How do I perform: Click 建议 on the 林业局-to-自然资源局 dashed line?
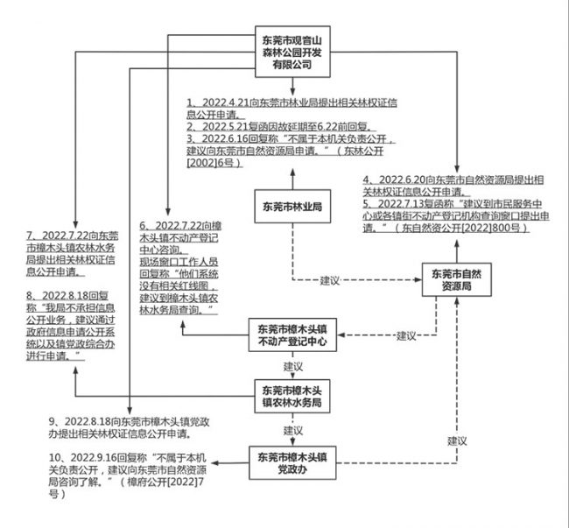click(x=329, y=280)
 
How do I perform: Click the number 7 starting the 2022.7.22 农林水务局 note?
click(x=32, y=236)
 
